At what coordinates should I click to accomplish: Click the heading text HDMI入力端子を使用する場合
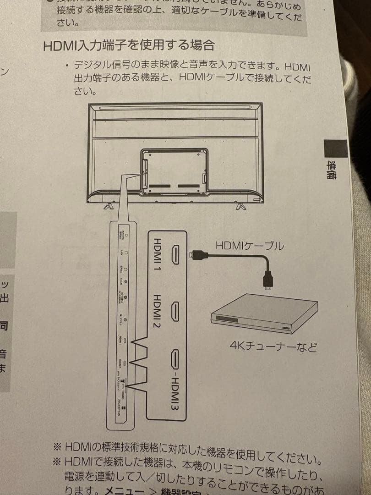coord(129,46)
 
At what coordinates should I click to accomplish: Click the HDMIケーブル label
coord(250,246)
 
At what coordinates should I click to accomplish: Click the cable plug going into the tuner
coord(267,280)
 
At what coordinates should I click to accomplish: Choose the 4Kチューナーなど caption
coord(273,346)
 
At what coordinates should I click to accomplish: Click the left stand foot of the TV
coord(108,205)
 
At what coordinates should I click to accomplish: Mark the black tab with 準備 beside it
coord(336,149)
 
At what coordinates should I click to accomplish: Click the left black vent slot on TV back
coord(159,187)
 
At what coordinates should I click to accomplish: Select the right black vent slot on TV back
coord(188,187)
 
